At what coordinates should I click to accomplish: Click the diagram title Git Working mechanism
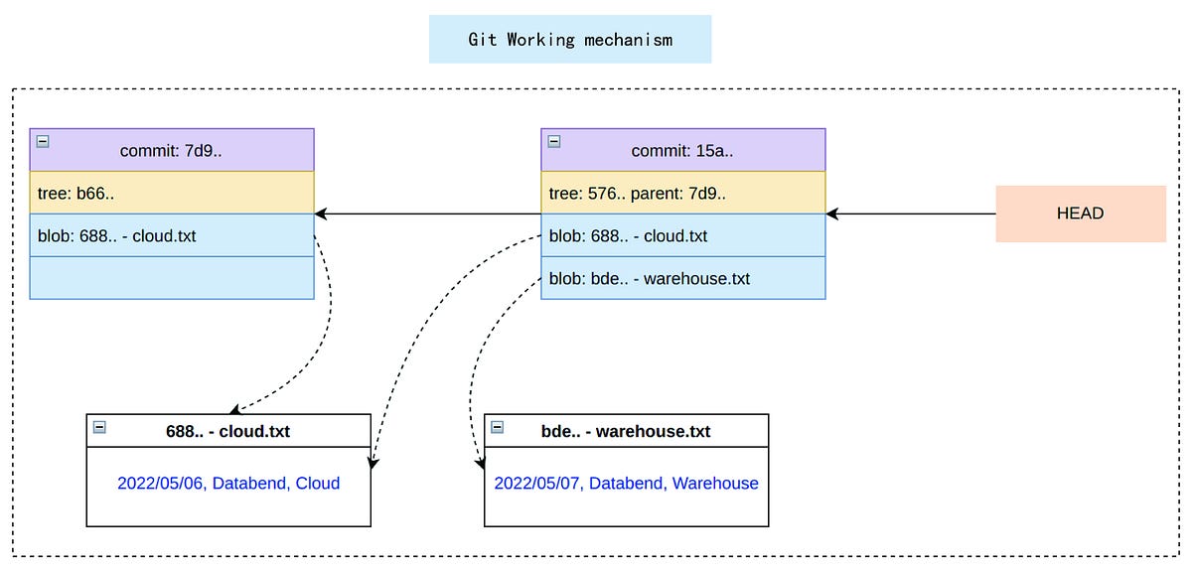[x=570, y=40]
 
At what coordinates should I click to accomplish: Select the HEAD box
[x=1080, y=214]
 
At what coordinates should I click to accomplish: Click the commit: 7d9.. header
[x=172, y=150]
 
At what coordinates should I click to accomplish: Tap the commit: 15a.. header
[x=682, y=150]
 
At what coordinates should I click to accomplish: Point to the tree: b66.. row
[x=172, y=193]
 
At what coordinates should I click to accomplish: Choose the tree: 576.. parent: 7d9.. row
[x=682, y=193]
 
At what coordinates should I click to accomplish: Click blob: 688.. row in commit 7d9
[x=172, y=235]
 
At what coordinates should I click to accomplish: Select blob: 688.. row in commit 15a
[x=682, y=235]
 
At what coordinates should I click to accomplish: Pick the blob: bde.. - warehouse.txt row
[x=682, y=278]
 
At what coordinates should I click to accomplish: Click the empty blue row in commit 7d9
[x=172, y=278]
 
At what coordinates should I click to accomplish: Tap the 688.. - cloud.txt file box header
[x=228, y=431]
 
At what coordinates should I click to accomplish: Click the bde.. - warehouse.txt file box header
[x=626, y=431]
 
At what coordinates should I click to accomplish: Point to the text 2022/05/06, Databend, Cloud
[x=228, y=484]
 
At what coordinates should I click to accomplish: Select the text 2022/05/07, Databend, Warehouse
[x=626, y=484]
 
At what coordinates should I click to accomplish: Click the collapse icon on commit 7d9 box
[x=43, y=141]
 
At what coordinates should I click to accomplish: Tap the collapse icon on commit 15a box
[x=554, y=141]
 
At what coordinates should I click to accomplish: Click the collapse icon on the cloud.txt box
[x=99, y=427]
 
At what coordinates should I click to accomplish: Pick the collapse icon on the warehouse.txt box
[x=497, y=427]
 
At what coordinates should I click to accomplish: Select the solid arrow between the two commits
[x=427, y=214]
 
